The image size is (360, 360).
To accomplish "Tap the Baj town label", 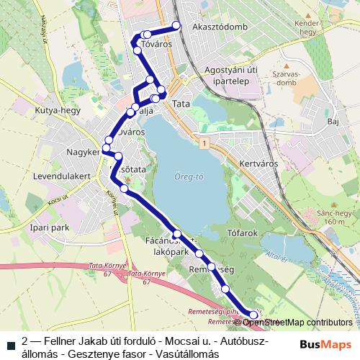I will click(332, 122).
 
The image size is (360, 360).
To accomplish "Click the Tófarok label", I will click(243, 233).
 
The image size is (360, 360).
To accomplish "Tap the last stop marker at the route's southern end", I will click(253, 315).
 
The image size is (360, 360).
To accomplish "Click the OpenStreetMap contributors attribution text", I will click(297, 323).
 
